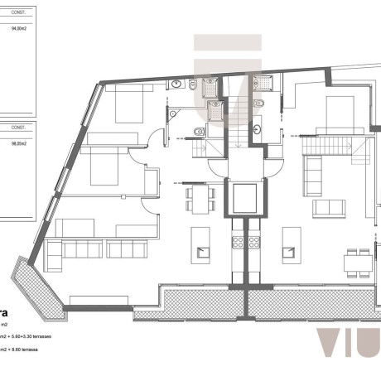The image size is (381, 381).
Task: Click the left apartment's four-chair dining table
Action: [199, 197]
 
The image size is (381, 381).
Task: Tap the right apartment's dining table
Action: [357, 264]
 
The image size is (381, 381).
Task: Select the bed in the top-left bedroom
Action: [129, 106]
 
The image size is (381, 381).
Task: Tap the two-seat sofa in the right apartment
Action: [326, 208]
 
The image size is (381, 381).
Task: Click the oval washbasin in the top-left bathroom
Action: [176, 84]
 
